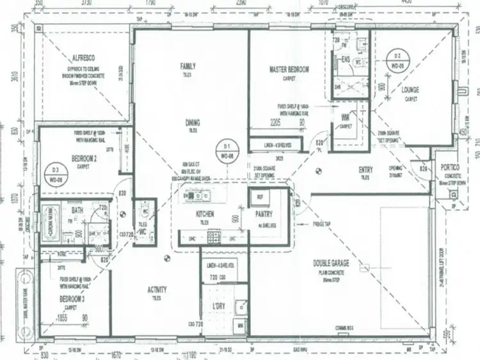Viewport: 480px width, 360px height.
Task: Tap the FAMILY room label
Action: (188, 66)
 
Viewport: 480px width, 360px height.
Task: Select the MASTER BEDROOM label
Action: (289, 69)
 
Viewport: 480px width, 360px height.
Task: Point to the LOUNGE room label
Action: (410, 90)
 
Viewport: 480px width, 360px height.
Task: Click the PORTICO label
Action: (455, 167)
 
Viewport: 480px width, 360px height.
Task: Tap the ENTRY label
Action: (365, 169)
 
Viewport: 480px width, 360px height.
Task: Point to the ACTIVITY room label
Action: (157, 290)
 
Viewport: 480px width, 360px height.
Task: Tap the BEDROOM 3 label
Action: (72, 299)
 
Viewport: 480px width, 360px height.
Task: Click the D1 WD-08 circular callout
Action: (225, 150)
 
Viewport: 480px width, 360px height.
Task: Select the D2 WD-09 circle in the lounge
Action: (397, 61)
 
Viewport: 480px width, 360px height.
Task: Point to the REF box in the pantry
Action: (260, 197)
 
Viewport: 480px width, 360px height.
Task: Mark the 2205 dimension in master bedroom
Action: (276, 121)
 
